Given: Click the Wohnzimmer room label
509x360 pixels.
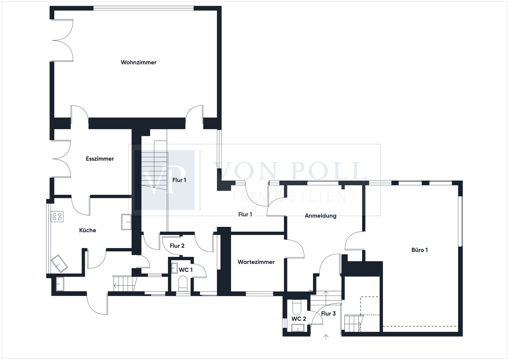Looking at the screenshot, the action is [x=138, y=62].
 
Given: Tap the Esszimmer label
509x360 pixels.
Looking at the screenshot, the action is [x=100, y=159].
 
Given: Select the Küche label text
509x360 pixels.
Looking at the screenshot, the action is [x=88, y=230].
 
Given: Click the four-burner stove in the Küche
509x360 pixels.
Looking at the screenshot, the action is [x=57, y=216].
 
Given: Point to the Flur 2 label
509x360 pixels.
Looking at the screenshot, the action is [x=177, y=246].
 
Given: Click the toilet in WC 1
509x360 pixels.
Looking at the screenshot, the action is [x=183, y=283].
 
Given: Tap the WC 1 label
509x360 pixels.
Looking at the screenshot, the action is [x=186, y=270].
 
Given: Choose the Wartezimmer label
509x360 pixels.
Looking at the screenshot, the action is [x=256, y=262].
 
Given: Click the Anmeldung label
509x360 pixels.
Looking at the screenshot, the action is [x=320, y=216].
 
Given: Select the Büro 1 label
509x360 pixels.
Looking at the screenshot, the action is [x=419, y=250].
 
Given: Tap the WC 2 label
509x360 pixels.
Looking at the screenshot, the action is [x=299, y=319].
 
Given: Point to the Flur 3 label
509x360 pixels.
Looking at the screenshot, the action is [x=328, y=314].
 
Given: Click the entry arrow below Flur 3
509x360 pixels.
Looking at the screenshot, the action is [x=326, y=337].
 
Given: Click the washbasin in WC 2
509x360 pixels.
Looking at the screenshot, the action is [x=298, y=328].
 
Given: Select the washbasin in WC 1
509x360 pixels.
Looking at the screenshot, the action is [x=174, y=268].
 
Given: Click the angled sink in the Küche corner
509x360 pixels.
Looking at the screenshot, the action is [x=59, y=263].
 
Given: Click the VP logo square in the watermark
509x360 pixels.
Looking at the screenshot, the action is [x=164, y=180].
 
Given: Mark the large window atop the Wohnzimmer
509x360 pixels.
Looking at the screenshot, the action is [x=144, y=8].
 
